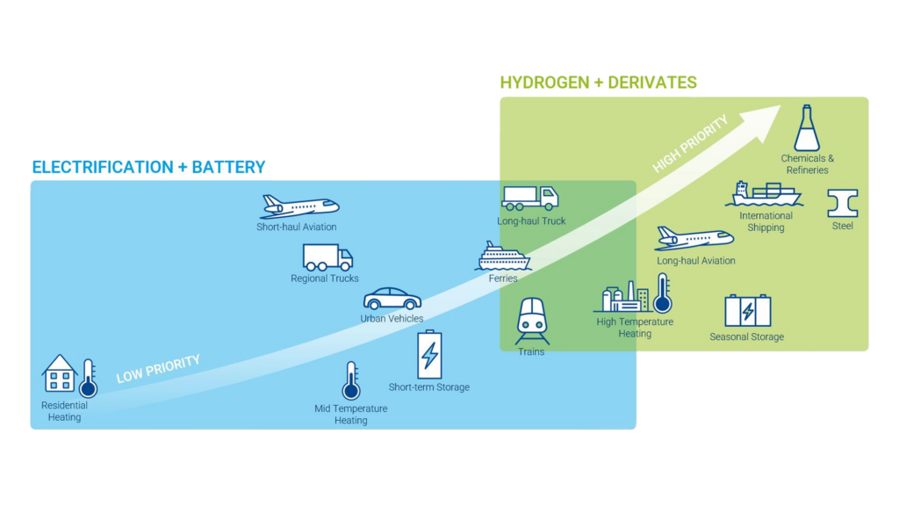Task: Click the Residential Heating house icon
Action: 60,373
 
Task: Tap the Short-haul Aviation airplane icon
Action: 298,206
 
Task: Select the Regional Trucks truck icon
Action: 327,257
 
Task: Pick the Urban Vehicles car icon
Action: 392,298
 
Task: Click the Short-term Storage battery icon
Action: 429,354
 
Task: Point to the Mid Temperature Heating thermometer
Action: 351,381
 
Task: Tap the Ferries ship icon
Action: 503,257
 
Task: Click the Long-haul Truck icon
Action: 530,199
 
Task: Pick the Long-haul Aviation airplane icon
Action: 694,238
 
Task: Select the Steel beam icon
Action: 843,203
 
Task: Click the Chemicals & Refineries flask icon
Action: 807,128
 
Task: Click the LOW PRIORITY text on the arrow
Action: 158,369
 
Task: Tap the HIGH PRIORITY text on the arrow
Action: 691,143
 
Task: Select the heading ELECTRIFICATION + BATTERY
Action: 148,167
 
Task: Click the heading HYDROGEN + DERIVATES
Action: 598,83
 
